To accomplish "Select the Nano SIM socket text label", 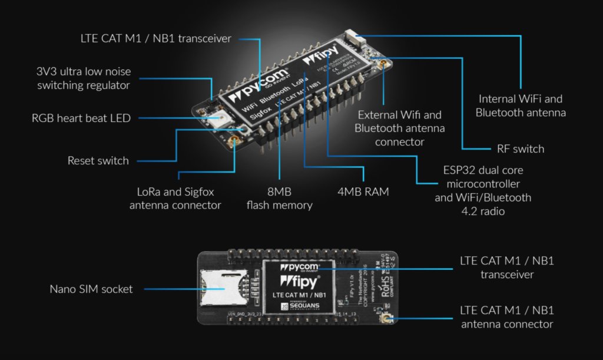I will coord(91,289).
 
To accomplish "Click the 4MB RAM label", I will coord(363,192).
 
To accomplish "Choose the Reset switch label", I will coord(98,160).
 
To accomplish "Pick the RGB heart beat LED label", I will coord(81,118).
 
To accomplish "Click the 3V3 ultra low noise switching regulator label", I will coord(84,78).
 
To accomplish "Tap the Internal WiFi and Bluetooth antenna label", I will coord(521,105).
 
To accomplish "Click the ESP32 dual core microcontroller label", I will coord(483,190).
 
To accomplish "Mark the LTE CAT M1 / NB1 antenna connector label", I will coord(507,317).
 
